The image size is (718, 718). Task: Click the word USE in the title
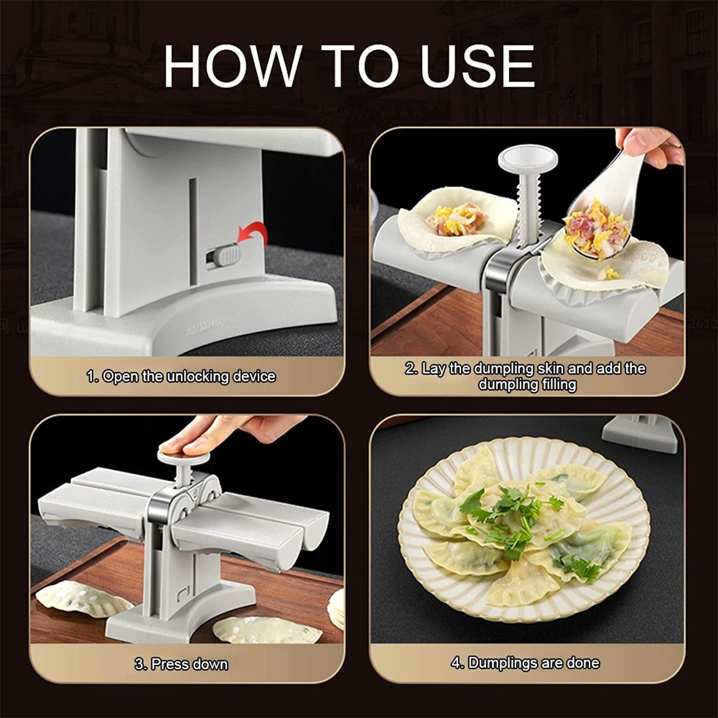point(478,67)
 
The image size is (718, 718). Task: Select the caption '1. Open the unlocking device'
point(181,377)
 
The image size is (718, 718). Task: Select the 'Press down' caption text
point(181,664)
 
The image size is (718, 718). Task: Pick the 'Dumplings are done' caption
point(525,663)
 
